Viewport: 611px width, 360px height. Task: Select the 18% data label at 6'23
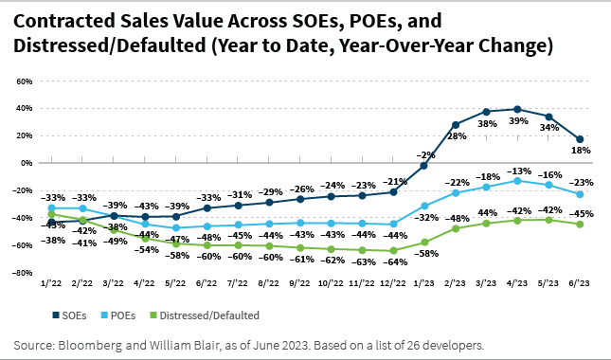[581, 151]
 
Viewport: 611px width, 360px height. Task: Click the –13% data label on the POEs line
[517, 169]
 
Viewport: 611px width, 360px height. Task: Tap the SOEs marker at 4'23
[517, 109]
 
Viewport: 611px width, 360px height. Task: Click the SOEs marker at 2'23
[456, 124]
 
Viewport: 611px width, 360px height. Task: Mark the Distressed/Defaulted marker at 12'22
[393, 250]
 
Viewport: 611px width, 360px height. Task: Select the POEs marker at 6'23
[579, 194]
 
